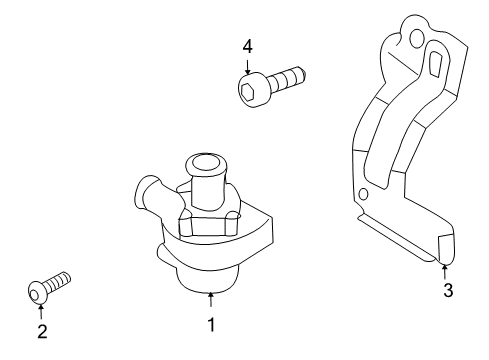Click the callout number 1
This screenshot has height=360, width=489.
click(211, 324)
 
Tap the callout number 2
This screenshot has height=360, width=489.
click(42, 331)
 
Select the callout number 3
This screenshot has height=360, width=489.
click(448, 290)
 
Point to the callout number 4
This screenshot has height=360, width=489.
click(247, 47)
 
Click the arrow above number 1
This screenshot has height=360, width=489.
click(211, 299)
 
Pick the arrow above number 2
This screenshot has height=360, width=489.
click(41, 311)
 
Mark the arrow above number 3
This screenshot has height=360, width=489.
click(444, 271)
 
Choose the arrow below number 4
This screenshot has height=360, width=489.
click(247, 67)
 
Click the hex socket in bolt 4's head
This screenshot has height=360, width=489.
click(248, 91)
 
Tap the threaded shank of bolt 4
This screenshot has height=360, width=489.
click(287, 77)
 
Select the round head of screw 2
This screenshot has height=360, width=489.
click(37, 293)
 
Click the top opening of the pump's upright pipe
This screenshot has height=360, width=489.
click(206, 164)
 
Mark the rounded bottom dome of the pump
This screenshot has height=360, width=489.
click(208, 279)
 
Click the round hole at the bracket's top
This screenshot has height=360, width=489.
click(415, 38)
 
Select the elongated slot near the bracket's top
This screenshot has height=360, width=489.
click(434, 63)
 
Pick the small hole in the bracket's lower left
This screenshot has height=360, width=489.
click(364, 194)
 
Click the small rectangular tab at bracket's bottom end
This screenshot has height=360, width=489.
click(446, 247)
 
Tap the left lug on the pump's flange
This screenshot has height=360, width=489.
click(186, 227)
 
